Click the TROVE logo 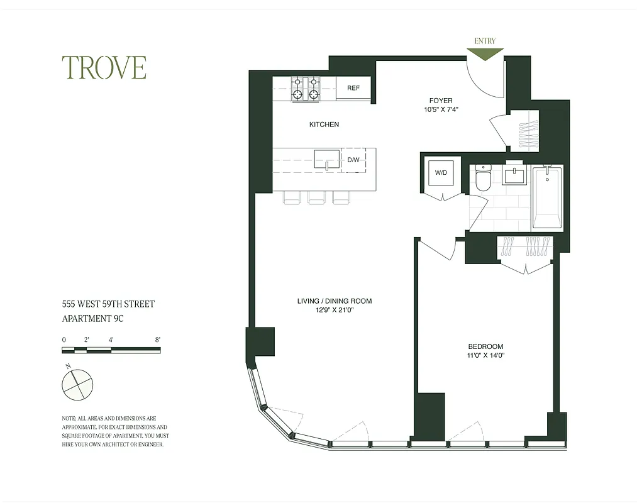104,68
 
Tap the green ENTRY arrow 485,54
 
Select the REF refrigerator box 353,88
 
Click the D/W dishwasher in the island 353,160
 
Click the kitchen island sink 326,160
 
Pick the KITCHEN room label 324,124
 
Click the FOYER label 441,101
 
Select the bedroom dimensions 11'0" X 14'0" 487,355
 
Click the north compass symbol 77,383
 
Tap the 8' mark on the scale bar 157,340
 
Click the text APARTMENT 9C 92,318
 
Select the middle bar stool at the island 316,197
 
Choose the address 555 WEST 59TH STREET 108,304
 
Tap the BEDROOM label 485,346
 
